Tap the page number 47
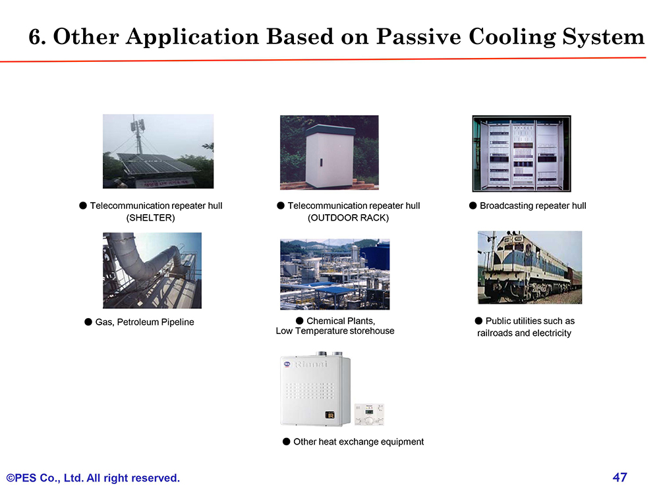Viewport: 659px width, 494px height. (x=620, y=477)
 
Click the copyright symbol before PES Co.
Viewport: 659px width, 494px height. (x=11, y=478)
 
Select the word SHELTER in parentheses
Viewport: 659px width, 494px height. (x=150, y=217)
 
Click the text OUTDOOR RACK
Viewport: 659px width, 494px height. (x=349, y=217)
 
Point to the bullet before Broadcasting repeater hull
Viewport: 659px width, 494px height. (x=473, y=206)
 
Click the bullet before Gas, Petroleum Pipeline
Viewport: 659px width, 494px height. (x=88, y=322)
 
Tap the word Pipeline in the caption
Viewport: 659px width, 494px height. (x=177, y=322)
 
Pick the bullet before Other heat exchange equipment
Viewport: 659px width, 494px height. (x=286, y=441)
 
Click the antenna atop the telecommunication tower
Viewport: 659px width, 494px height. (x=138, y=124)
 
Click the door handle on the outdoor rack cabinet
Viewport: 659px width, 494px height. (x=322, y=162)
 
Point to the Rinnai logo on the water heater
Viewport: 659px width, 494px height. (x=311, y=364)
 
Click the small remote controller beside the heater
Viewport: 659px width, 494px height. (x=370, y=414)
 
